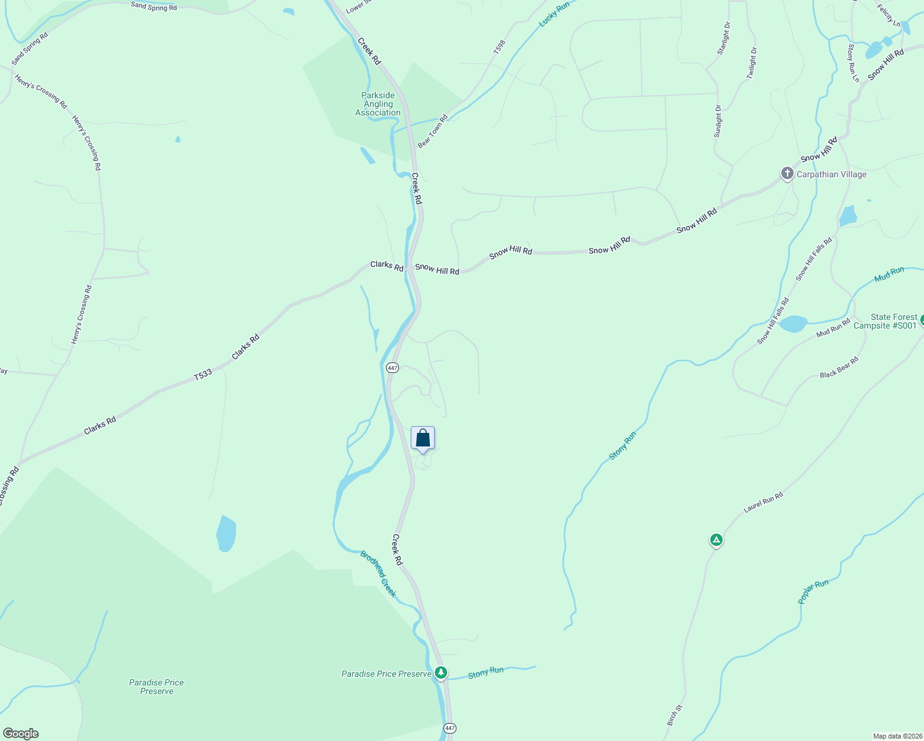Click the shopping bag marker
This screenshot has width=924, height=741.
(x=422, y=438)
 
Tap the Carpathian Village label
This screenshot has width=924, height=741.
(x=831, y=174)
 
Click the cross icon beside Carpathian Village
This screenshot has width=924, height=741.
(x=787, y=174)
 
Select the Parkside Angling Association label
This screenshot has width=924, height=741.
(x=378, y=104)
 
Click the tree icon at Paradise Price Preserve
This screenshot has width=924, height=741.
(x=440, y=672)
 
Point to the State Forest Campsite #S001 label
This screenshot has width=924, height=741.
(x=886, y=322)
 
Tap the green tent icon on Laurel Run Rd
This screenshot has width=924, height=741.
(x=716, y=540)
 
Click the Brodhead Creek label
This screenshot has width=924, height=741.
(x=378, y=574)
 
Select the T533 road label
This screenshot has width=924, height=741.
(x=203, y=375)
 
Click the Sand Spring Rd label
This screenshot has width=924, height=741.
(x=154, y=7)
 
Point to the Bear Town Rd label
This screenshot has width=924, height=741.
(x=432, y=131)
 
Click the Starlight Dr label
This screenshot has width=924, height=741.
(x=723, y=38)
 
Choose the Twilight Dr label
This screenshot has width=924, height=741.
(x=751, y=63)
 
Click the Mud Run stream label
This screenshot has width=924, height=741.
(x=889, y=274)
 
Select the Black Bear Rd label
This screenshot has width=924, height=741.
(x=839, y=367)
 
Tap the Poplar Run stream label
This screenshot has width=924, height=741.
(x=813, y=592)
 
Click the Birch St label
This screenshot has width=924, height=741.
(x=674, y=715)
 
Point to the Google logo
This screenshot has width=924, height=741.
(x=21, y=734)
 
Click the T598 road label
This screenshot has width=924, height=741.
(x=500, y=47)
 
